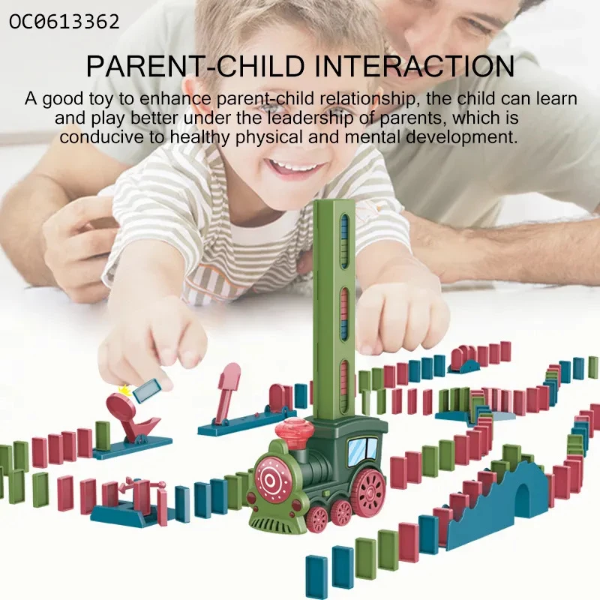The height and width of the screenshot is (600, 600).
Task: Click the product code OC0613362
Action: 64,22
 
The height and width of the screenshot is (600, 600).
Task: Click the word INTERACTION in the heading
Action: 415,67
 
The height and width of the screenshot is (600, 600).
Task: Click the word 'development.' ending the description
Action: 461,137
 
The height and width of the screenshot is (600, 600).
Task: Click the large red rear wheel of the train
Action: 369,490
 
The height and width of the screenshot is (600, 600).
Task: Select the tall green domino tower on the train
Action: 334,309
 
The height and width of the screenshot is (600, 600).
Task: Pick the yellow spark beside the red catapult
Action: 124,391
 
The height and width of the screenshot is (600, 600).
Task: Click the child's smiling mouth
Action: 295,167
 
